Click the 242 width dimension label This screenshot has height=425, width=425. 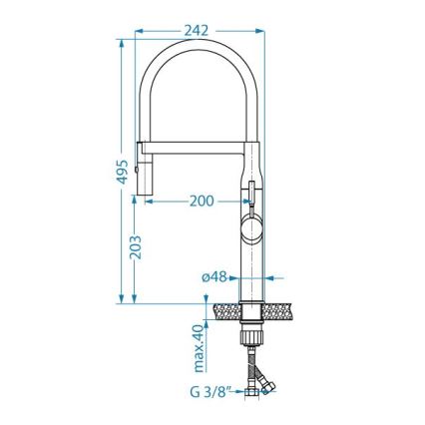(x=198, y=30)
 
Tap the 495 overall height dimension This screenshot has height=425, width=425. (x=122, y=176)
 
